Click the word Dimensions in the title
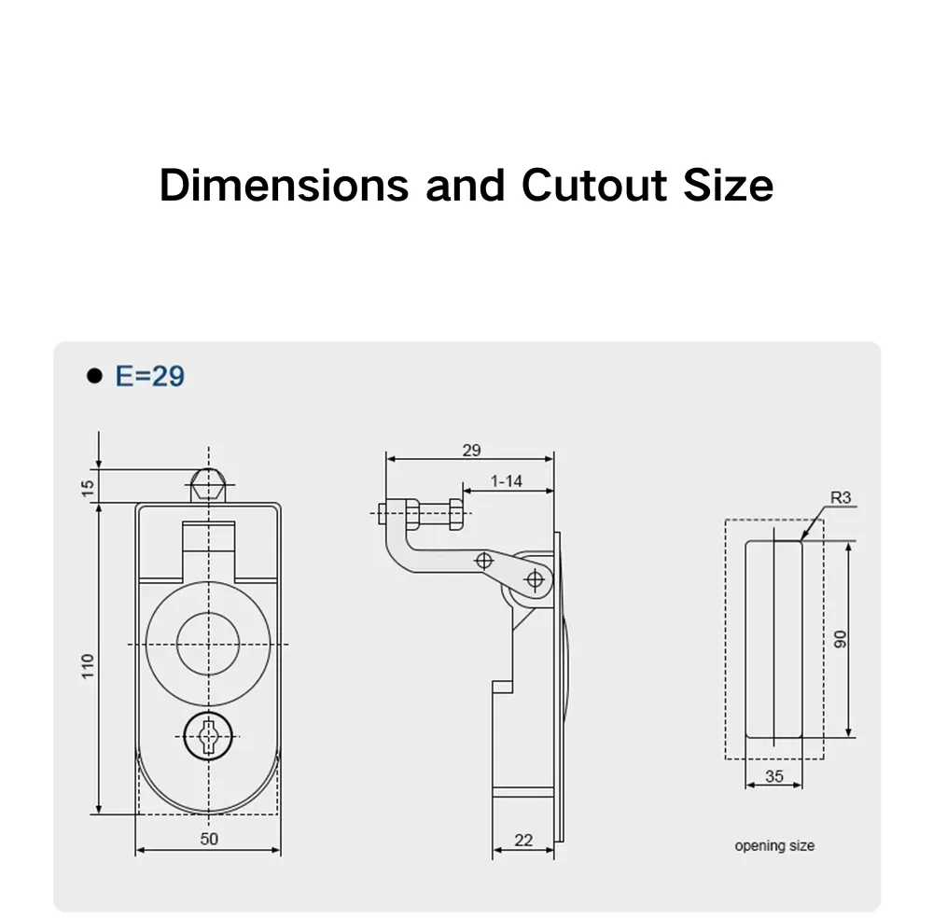point(284,185)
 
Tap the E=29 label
point(149,376)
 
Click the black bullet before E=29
point(92,377)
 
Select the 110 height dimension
point(88,665)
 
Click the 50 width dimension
point(208,839)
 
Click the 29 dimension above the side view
point(471,450)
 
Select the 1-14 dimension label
point(506,481)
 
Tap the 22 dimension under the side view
point(523,841)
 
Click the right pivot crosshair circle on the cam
point(535,579)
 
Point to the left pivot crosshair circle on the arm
point(483,561)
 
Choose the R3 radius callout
point(841,498)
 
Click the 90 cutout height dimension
point(840,639)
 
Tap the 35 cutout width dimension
point(773,775)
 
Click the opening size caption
point(774,846)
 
